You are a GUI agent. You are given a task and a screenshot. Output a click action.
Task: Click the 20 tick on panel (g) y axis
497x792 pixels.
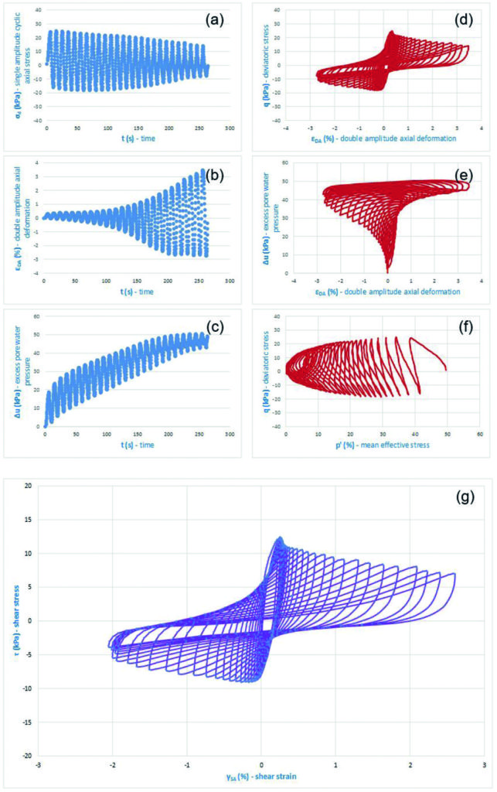coord(27,486)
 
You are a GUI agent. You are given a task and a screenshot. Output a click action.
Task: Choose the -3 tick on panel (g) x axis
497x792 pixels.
coord(38,764)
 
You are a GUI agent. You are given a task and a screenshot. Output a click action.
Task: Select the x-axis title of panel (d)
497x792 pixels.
coord(382,138)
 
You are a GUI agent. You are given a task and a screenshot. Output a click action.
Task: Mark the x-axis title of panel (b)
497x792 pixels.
coord(133,292)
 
